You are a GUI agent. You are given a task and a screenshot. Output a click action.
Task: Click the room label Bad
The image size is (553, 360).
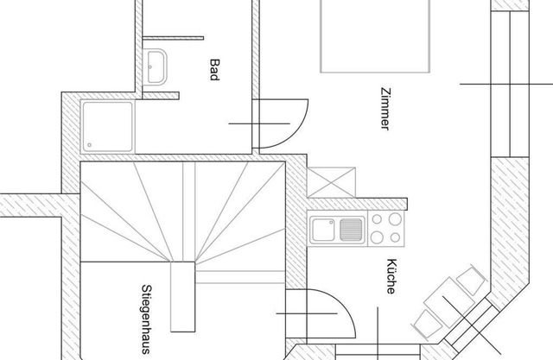[x=213, y=69]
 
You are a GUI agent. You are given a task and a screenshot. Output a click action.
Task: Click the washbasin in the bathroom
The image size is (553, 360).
[x=159, y=66]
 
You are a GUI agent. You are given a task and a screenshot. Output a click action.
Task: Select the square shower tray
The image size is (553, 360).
[x=107, y=126]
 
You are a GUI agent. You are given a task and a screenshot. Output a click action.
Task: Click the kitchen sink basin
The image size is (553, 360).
[x=324, y=231]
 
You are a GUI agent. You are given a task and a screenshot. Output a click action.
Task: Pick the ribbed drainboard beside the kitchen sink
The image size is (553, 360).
[x=350, y=231]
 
